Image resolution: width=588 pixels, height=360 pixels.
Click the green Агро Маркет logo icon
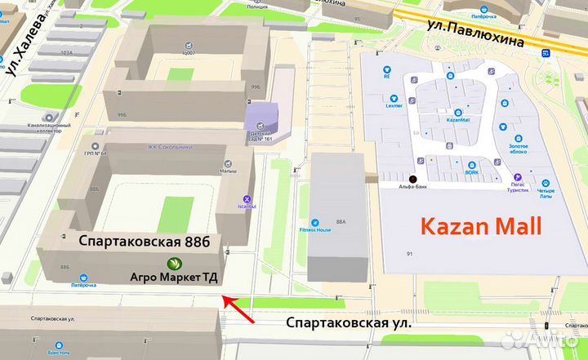pyautogui.click(x=174, y=263)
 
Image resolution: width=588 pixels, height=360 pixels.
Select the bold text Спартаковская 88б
pyautogui.click(x=145, y=242)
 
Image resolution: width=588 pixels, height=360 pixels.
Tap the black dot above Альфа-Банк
pyautogui.click(x=412, y=179)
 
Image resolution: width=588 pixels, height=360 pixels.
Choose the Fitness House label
pyautogui.click(x=314, y=229)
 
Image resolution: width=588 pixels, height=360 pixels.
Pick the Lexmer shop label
pyautogui.click(x=395, y=106)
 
